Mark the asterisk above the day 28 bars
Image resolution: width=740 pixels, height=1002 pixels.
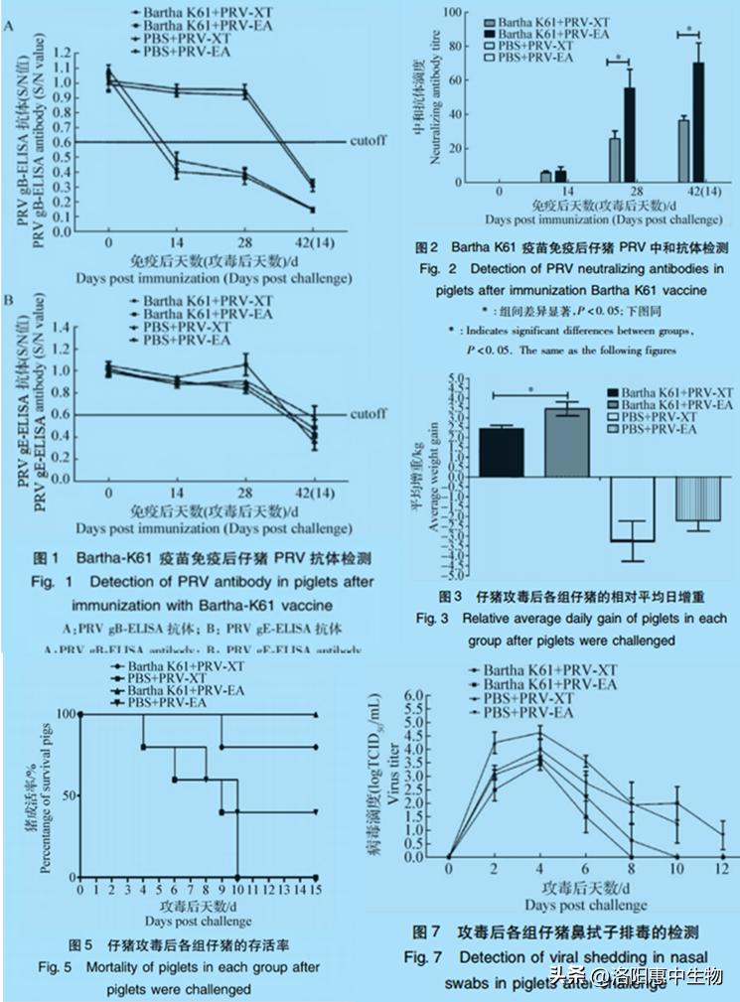click(619, 58)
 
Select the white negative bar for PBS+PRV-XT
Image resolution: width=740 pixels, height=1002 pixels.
click(633, 508)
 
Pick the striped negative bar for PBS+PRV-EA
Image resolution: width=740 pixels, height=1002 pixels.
click(697, 499)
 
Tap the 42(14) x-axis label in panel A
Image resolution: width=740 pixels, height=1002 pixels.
click(313, 241)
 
